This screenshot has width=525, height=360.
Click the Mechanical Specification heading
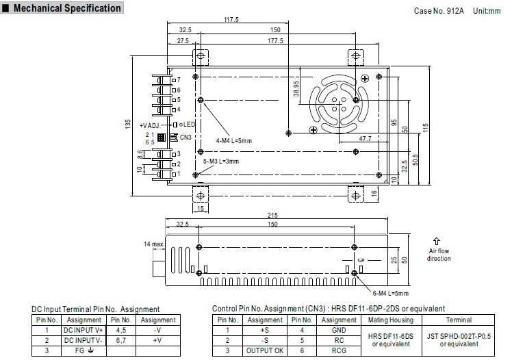[67, 8]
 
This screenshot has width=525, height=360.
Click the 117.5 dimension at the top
[231, 19]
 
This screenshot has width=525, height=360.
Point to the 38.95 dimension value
[296, 88]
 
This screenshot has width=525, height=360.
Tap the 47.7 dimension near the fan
[365, 138]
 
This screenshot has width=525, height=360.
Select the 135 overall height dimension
[127, 125]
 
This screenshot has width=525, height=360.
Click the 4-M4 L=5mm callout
[233, 141]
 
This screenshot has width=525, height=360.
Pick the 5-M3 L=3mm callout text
[221, 161]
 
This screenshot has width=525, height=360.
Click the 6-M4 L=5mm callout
[391, 294]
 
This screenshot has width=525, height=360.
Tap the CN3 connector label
[185, 138]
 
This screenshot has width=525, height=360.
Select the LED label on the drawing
[189, 125]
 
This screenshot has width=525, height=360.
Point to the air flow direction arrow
[436, 241]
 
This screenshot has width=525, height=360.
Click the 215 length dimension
[272, 215]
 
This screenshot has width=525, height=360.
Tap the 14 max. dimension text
[154, 244]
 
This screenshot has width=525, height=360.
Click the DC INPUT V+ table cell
[84, 330]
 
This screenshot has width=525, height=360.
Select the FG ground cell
[84, 350]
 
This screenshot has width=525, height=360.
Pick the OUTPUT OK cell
[264, 350]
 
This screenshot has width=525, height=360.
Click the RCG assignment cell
[339, 350]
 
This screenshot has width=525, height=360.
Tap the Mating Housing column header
[391, 320]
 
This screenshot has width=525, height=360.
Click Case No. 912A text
[439, 11]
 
